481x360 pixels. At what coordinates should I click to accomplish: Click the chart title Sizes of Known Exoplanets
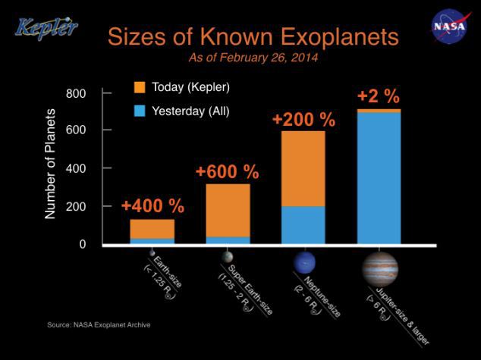click(252, 36)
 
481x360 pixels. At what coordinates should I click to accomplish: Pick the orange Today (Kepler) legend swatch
click(140, 88)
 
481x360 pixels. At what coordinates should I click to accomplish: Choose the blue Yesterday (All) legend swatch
click(140, 111)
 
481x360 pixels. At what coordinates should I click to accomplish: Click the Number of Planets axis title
click(52, 164)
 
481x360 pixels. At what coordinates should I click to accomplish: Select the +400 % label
click(152, 206)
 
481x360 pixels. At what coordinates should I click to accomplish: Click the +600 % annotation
click(227, 171)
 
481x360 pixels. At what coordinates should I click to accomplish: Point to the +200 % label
click(303, 120)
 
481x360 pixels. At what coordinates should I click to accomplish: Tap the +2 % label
click(378, 97)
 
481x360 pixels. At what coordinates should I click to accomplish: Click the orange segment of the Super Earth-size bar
click(228, 210)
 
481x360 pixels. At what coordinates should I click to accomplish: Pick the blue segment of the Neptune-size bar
click(303, 225)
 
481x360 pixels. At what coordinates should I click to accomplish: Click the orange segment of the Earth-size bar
click(152, 229)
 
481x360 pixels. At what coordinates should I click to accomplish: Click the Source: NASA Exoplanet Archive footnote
click(99, 325)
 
